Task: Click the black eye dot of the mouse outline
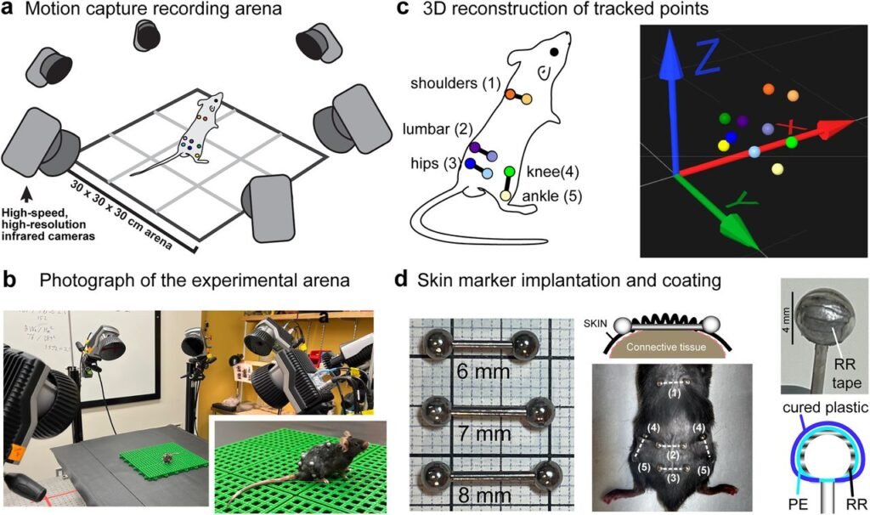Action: point(554,52)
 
